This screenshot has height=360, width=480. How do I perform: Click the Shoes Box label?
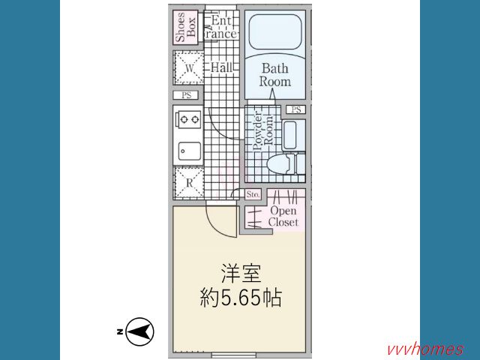(185, 27)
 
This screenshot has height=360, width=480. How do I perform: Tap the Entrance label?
(221, 27)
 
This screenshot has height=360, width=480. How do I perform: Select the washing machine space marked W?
(189, 67)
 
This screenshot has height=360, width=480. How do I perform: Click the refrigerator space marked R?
(189, 183)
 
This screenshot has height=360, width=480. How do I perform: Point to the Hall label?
(221, 67)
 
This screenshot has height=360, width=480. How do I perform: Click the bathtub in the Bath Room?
(275, 31)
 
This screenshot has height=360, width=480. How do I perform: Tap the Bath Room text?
(275, 75)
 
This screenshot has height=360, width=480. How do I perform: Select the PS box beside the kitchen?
(186, 95)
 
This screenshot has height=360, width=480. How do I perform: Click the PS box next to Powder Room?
(295, 109)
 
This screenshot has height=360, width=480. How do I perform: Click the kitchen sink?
(190, 151)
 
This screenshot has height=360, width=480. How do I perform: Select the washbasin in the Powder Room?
(289, 134)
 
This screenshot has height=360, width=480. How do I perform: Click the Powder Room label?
(262, 132)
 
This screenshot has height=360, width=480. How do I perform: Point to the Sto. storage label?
(253, 194)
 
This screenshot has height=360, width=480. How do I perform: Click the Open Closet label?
(283, 217)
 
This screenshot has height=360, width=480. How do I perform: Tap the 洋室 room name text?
(241, 273)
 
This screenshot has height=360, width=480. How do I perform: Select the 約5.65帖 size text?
(241, 298)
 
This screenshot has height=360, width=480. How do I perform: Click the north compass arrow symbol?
(140, 331)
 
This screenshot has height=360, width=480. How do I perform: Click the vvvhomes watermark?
(425, 349)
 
